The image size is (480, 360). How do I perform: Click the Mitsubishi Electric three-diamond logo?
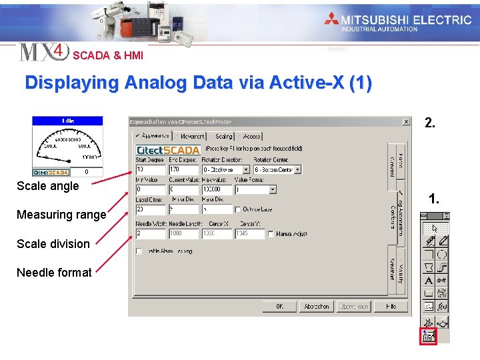click(x=332, y=19)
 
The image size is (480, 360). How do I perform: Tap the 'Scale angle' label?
click(x=47, y=186)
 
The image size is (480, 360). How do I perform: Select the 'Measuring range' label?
click(x=61, y=215)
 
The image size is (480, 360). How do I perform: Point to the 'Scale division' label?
click(x=53, y=243)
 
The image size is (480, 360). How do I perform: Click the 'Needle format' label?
click(x=54, y=272)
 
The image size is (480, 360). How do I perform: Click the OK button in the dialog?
click(x=279, y=307)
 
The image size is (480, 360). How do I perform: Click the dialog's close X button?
click(x=406, y=122)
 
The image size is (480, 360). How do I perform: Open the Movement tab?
click(x=191, y=136)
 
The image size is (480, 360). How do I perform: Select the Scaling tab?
click(x=223, y=136)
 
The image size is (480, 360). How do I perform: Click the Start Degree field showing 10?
click(x=150, y=170)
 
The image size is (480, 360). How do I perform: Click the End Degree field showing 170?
click(x=183, y=170)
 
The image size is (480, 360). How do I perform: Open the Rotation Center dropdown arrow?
click(x=299, y=170)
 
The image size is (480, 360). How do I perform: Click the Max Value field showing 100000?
click(x=216, y=189)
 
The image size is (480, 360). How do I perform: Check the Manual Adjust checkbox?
click(x=270, y=234)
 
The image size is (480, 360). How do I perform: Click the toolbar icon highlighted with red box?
click(x=428, y=336)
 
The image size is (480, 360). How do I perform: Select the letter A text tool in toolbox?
click(x=429, y=281)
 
